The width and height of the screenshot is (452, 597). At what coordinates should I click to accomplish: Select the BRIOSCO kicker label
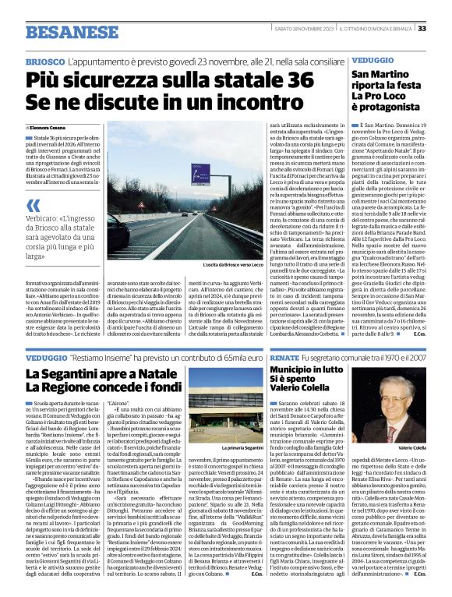tap(44, 61)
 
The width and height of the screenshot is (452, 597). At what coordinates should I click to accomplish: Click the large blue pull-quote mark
tap(33, 206)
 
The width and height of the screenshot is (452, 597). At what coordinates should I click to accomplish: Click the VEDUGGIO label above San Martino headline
tap(373, 60)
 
